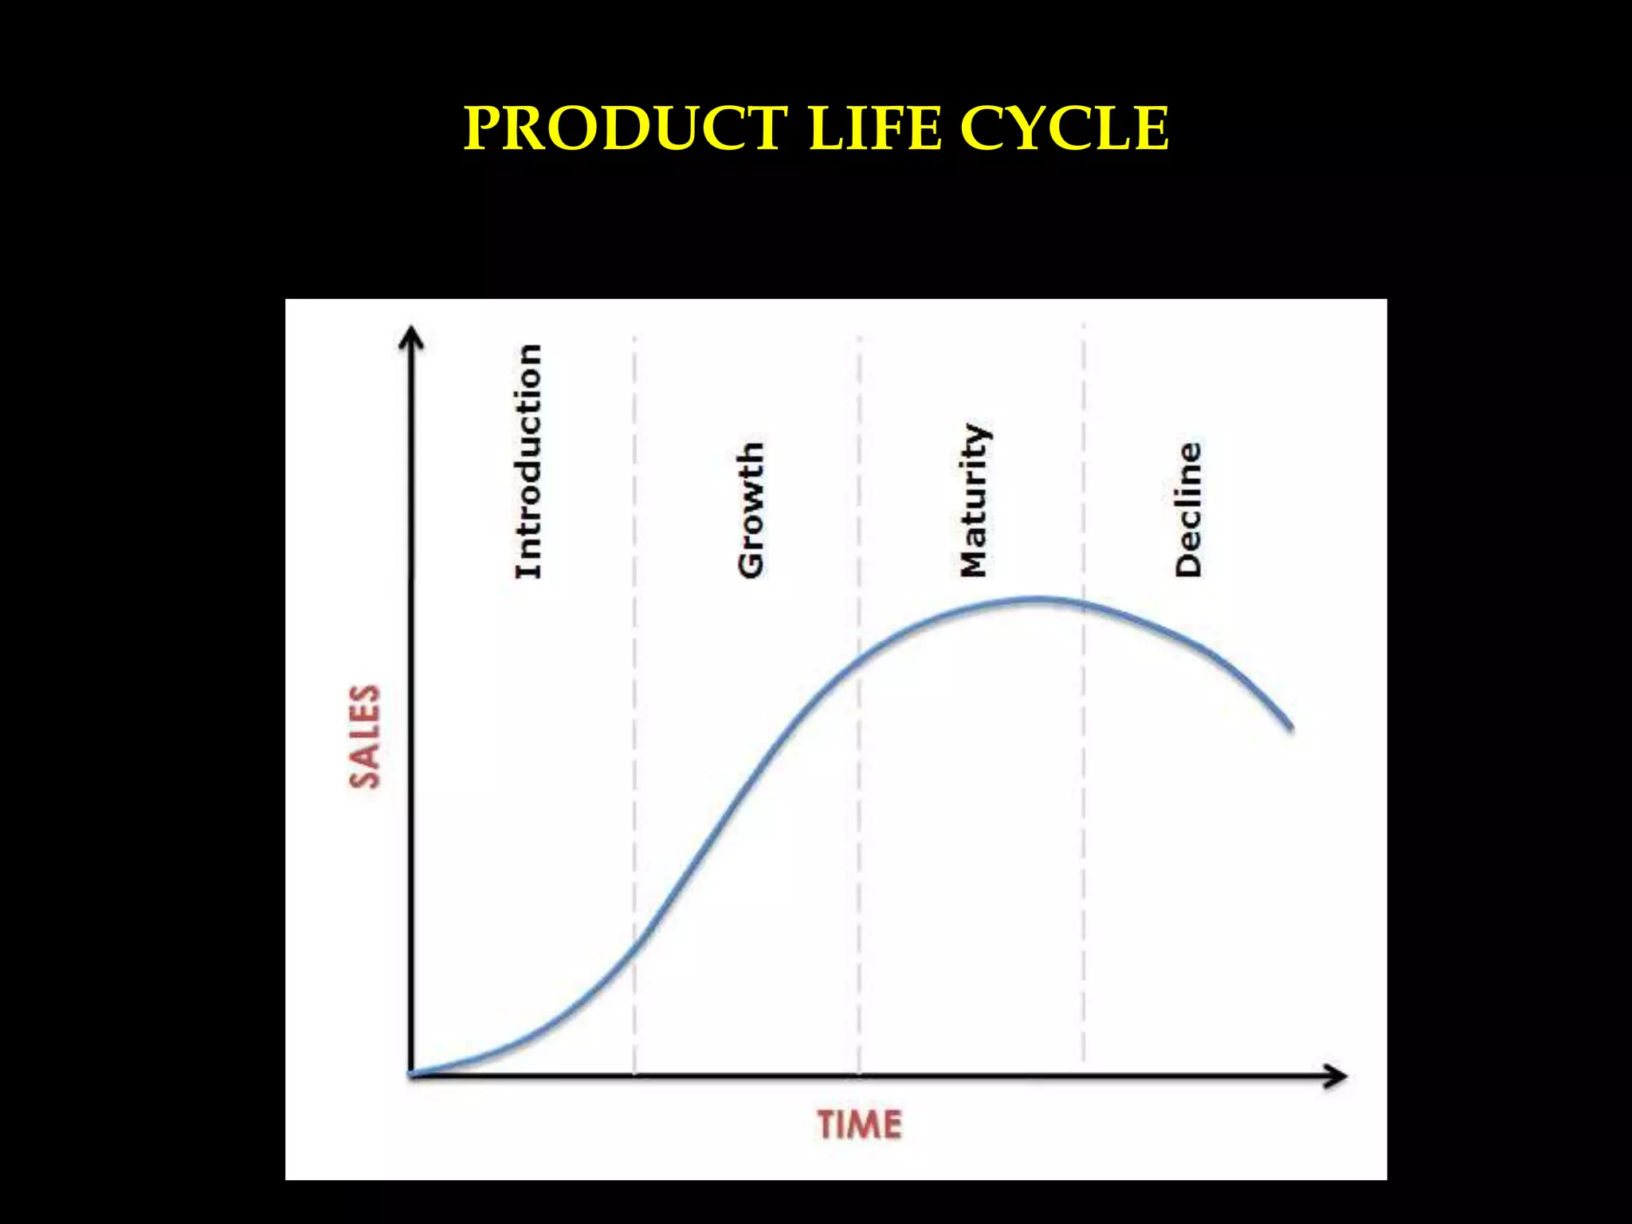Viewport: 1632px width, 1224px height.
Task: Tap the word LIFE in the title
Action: tap(874, 128)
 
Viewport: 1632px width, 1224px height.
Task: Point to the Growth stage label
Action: tap(750, 509)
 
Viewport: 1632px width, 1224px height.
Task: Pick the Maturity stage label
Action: tap(974, 500)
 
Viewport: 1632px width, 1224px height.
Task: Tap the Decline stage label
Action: tap(1187, 509)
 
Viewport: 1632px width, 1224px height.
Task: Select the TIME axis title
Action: tap(859, 1125)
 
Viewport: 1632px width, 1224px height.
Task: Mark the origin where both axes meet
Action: tap(411, 1075)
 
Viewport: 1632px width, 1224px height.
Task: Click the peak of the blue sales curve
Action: tap(1036, 598)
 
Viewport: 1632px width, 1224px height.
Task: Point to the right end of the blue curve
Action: tap(1290, 727)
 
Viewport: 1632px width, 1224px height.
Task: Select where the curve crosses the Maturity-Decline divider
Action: tap(1083, 605)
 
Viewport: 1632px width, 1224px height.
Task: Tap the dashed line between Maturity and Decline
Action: tap(1083, 837)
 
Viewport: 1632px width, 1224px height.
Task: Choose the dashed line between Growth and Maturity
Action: tap(859, 877)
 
